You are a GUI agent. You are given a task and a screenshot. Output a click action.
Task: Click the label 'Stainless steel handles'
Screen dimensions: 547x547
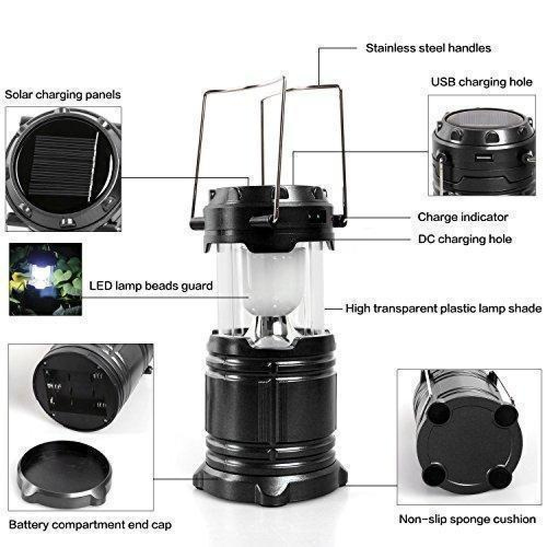coord(428,48)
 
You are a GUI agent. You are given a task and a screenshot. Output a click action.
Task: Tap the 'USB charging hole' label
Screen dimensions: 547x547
coord(481,82)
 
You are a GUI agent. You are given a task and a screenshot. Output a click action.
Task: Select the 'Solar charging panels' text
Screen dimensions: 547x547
coord(63,95)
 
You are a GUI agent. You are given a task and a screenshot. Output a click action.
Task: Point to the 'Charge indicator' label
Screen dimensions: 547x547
coord(463,217)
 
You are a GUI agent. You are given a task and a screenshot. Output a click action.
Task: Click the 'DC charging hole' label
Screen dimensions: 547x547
coord(464,239)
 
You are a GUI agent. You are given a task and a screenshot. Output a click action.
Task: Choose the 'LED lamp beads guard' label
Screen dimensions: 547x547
coord(151,286)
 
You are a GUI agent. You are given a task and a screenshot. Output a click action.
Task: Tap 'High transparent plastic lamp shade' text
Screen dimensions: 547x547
coord(444,309)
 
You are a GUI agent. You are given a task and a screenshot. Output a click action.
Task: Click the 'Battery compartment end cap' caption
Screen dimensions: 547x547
coord(90,525)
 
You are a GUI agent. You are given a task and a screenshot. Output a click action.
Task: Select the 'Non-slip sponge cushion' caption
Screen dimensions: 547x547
coord(467,519)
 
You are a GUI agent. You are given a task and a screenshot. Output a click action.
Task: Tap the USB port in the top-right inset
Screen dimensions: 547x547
coord(484,158)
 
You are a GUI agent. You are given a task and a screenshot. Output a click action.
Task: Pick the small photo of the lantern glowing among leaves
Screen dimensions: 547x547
coord(45,279)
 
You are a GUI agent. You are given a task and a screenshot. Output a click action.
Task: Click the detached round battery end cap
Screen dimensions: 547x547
coord(65,474)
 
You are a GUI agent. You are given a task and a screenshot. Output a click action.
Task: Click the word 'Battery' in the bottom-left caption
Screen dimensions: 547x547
coord(28,525)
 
